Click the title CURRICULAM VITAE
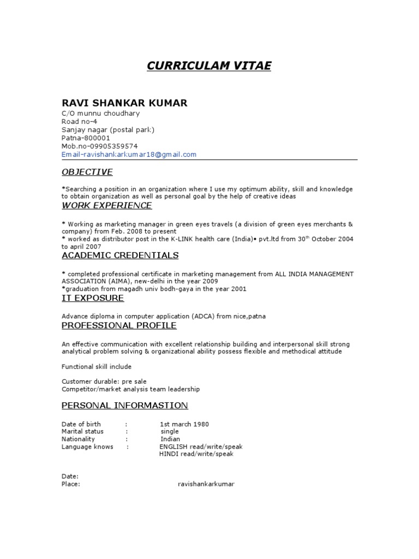pos(209,66)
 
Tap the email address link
pos(129,154)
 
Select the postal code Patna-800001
pos(85,138)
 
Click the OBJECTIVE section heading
pos(87,172)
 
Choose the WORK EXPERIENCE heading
pos(106,205)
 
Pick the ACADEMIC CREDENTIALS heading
pos(120,255)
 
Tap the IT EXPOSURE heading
pos(93,298)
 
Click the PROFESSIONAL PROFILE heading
pos(119,325)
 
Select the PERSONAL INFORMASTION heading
pos(124,405)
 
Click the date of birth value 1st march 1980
pos(184,424)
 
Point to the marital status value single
pos(170,431)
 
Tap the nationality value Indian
pos(170,439)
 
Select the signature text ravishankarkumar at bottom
pos(206,484)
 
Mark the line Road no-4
pos(79,122)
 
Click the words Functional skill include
pos(97,366)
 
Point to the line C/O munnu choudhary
pos(100,114)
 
